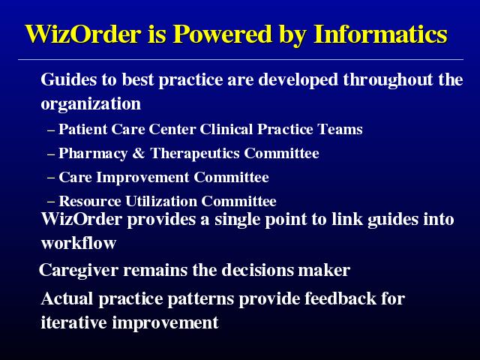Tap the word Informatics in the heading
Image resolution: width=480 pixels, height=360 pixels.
(380, 34)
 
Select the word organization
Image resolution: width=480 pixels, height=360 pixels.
(91, 104)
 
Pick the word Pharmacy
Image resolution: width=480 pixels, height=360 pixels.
(93, 154)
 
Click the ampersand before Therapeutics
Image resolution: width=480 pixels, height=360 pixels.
(139, 153)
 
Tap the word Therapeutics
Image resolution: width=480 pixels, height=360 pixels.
(195, 154)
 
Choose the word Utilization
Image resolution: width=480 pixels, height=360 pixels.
(161, 201)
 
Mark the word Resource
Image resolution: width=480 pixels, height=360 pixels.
(90, 201)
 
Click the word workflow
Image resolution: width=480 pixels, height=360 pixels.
(79, 243)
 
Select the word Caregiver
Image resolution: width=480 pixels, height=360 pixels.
(79, 270)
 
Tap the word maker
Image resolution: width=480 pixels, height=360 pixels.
(324, 270)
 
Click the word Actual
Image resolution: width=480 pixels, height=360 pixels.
(67, 298)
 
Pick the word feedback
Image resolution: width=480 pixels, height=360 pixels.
(340, 298)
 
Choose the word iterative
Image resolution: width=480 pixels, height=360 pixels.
(73, 322)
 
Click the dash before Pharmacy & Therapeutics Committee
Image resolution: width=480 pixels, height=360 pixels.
(51, 154)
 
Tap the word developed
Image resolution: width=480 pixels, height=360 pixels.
(298, 79)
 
